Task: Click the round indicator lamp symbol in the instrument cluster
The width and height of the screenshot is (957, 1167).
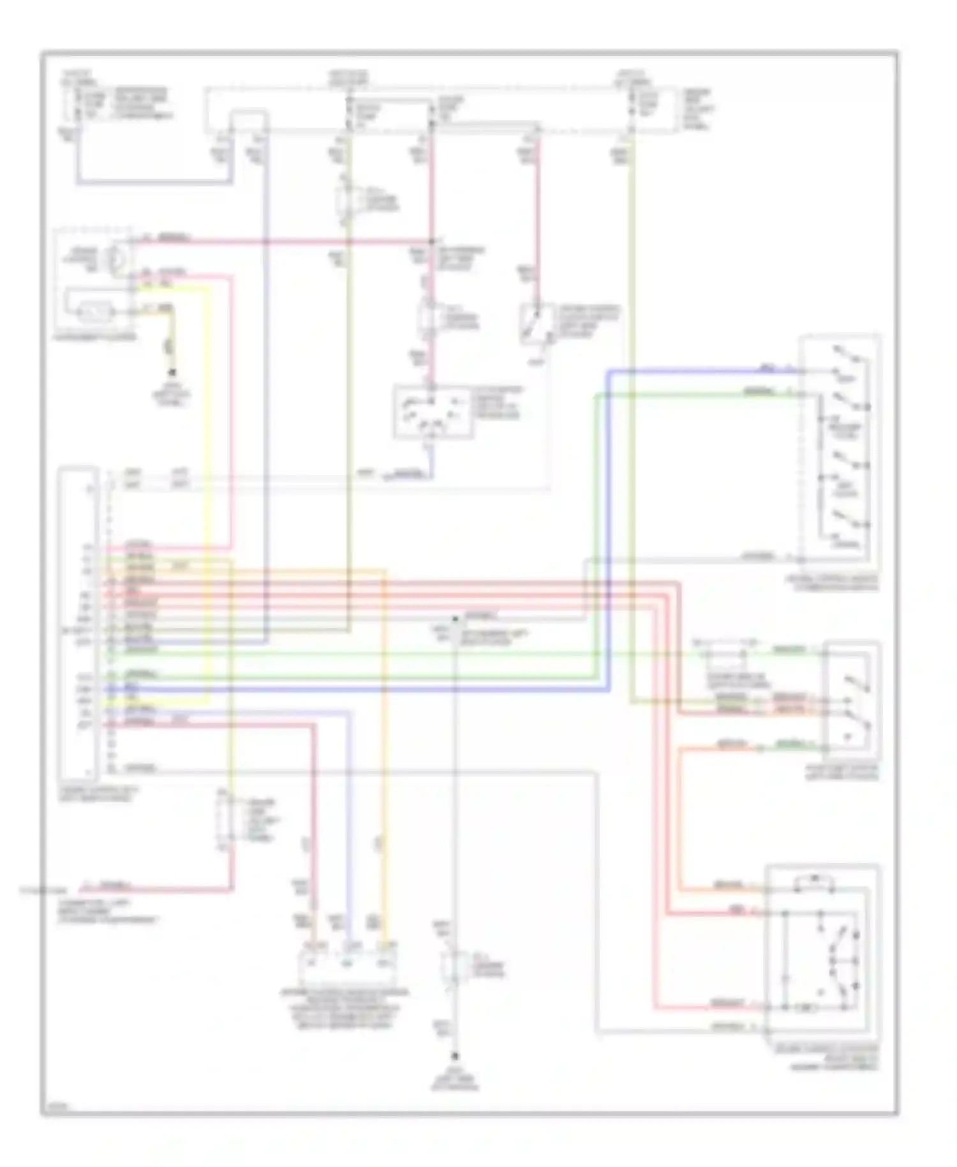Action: (116, 259)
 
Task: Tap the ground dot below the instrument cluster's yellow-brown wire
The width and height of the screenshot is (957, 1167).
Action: (171, 372)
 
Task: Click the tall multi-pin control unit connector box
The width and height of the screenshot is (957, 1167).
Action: (78, 622)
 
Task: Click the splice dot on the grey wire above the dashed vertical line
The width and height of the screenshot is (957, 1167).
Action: (455, 619)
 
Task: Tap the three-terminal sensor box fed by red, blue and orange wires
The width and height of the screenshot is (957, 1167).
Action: (348, 965)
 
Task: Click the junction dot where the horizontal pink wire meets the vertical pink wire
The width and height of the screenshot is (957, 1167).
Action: (431, 241)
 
